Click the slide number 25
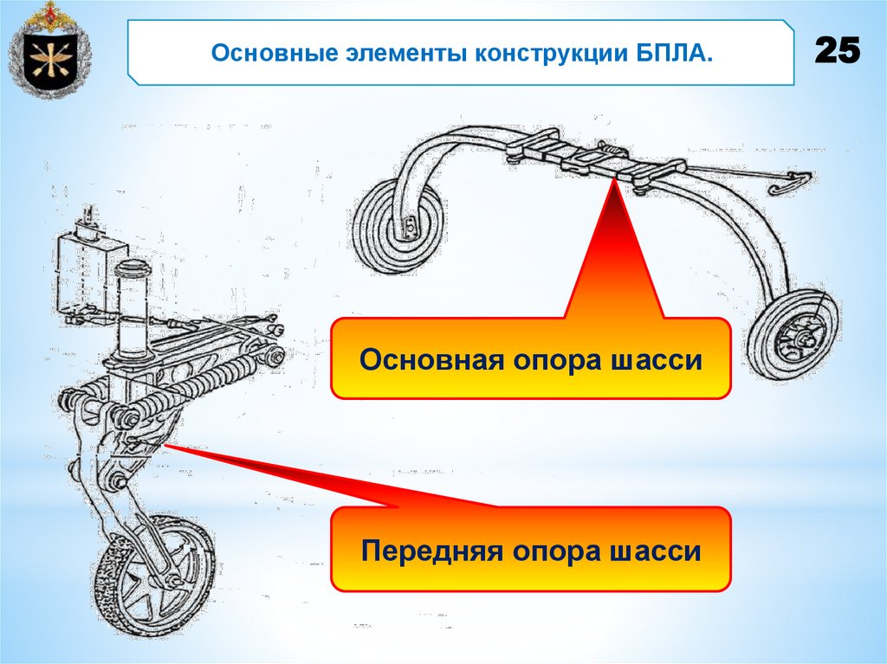pos(837,53)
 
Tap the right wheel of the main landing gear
pos(793,335)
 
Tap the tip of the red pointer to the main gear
pos(614,179)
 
